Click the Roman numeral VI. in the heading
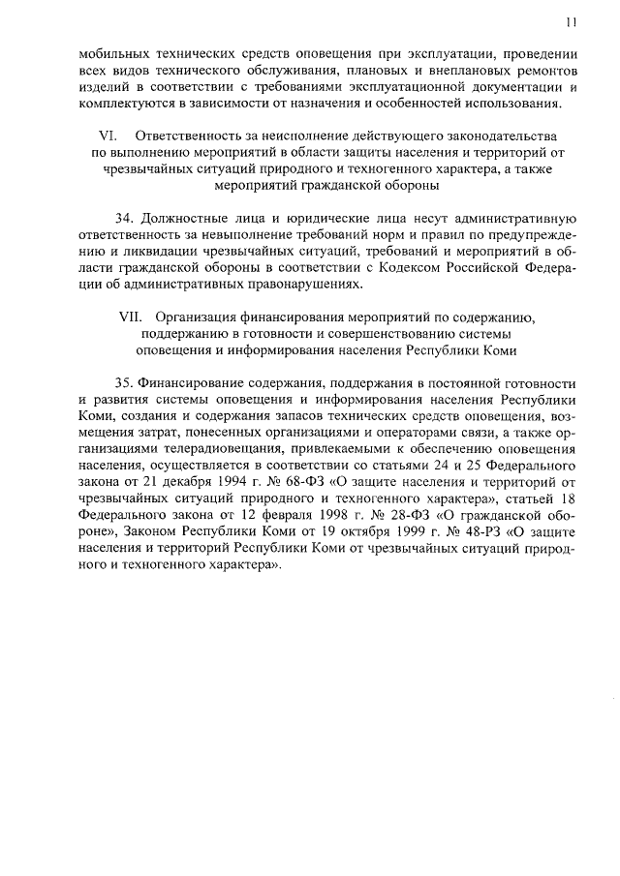(x=110, y=136)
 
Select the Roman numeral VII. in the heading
(x=131, y=317)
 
